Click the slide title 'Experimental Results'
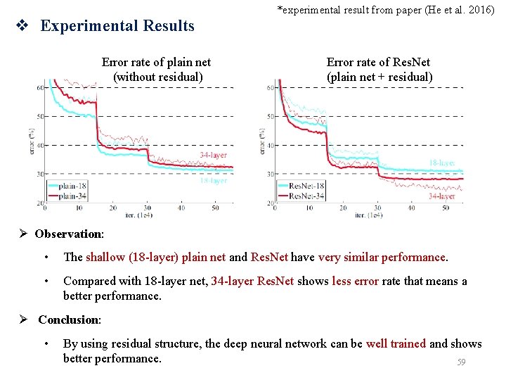click(x=117, y=26)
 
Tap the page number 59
click(x=461, y=362)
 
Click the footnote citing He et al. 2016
click(x=386, y=10)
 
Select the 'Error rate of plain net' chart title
click(x=156, y=70)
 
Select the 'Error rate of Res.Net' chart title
click(x=379, y=70)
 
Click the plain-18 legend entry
click(x=71, y=186)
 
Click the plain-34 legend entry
click(x=71, y=196)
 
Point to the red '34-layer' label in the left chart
click(x=213, y=155)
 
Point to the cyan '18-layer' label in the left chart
click(x=213, y=181)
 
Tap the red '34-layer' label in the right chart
click(x=441, y=196)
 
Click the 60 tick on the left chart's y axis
click(x=39, y=87)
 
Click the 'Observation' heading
click(x=69, y=234)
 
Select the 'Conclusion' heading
click(x=69, y=319)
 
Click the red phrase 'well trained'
click(x=400, y=343)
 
